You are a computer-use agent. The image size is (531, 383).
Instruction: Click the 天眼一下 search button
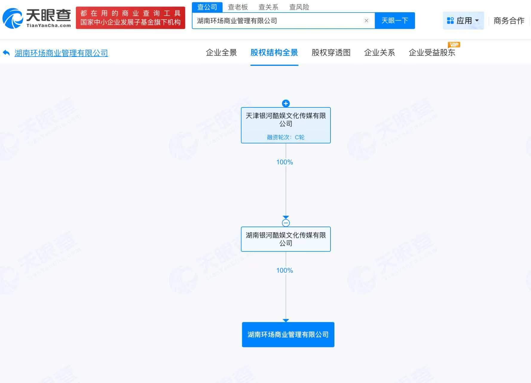pos(395,21)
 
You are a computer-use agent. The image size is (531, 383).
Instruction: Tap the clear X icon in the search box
pos(366,21)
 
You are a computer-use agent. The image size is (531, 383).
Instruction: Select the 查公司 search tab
pos(207,7)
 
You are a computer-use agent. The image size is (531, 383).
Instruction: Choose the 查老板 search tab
pos(238,7)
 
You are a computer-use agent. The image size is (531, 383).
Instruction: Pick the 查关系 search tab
pos(268,7)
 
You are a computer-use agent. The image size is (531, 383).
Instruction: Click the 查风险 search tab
pos(299,7)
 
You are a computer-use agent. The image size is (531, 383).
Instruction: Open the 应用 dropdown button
pos(463,21)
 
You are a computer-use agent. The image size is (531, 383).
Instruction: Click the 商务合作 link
pos(509,21)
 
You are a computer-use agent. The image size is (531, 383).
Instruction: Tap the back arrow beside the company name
pos(6,53)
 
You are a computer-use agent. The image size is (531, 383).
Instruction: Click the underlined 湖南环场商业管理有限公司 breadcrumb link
pos(61,53)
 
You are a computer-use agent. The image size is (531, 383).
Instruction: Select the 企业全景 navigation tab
pos(221,53)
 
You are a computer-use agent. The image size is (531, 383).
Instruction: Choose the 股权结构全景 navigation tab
pos(274,53)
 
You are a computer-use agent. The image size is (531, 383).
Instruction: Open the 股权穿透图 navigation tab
pos(331,53)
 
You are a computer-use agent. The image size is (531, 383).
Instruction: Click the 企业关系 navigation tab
pos(379,53)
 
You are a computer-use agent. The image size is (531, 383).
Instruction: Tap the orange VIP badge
pos(454,45)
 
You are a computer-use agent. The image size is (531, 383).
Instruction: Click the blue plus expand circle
pos(286,104)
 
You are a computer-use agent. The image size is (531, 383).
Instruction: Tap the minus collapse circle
pos(286,223)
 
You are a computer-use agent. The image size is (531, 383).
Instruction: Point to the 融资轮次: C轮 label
pos(286,137)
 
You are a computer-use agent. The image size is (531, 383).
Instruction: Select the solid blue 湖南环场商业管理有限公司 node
pos(288,335)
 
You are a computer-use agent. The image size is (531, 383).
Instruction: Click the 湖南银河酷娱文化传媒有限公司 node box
pos(286,239)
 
